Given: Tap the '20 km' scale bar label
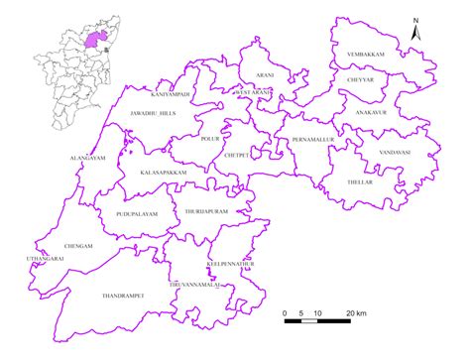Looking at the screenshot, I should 355,313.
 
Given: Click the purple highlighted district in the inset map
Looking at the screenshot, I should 96,39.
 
